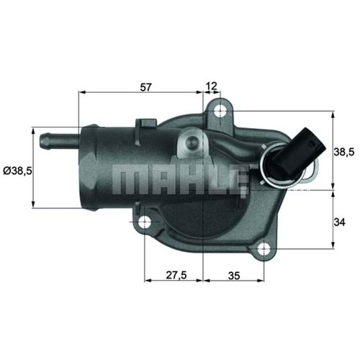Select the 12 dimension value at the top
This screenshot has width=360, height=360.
(212, 86)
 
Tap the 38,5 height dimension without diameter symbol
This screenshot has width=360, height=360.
(345, 152)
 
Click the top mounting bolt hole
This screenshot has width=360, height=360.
(220, 110)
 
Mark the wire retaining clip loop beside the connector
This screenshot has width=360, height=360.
(311, 170)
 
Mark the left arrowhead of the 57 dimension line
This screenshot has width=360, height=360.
(81, 94)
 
